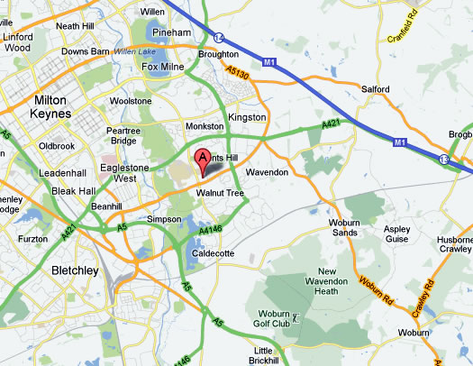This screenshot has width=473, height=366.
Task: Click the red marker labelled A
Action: (x=203, y=160)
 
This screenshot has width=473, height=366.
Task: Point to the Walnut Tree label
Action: (x=223, y=192)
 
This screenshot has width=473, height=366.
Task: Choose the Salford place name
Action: (x=374, y=89)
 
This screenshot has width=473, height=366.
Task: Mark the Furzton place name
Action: (x=32, y=239)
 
